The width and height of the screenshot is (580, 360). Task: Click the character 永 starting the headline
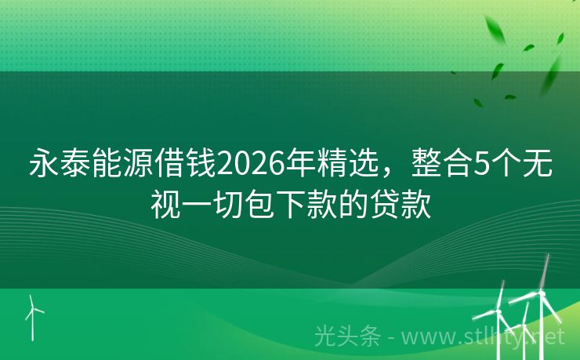point(43,165)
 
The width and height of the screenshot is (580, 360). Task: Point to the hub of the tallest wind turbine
point(540,293)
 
